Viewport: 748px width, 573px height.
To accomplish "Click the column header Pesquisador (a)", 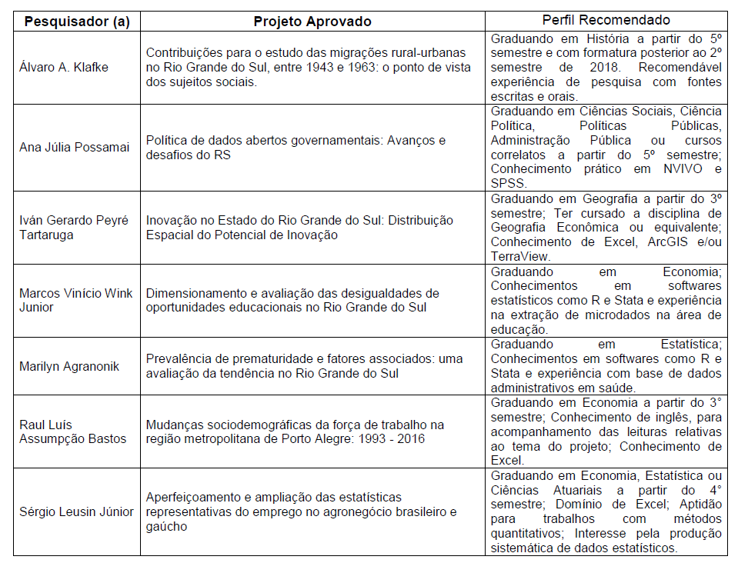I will [78, 21].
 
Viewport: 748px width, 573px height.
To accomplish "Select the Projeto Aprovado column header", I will [312, 21].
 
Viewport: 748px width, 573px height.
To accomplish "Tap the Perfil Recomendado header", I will [605, 20].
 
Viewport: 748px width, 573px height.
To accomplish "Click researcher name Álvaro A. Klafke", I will [64, 67].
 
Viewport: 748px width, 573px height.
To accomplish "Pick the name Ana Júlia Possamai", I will [75, 147].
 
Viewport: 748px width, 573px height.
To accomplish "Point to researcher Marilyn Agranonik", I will [69, 366].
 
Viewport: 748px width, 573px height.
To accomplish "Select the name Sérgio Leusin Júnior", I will [76, 511].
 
